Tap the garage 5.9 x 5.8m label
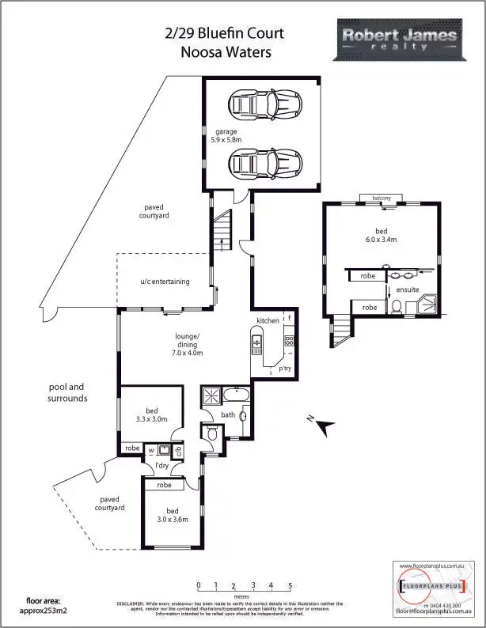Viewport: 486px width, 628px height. (x=226, y=135)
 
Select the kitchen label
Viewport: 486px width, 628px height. (x=268, y=320)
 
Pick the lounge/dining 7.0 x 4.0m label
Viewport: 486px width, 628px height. (x=188, y=345)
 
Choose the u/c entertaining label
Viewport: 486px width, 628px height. (x=161, y=281)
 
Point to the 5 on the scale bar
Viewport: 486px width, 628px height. (x=290, y=586)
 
